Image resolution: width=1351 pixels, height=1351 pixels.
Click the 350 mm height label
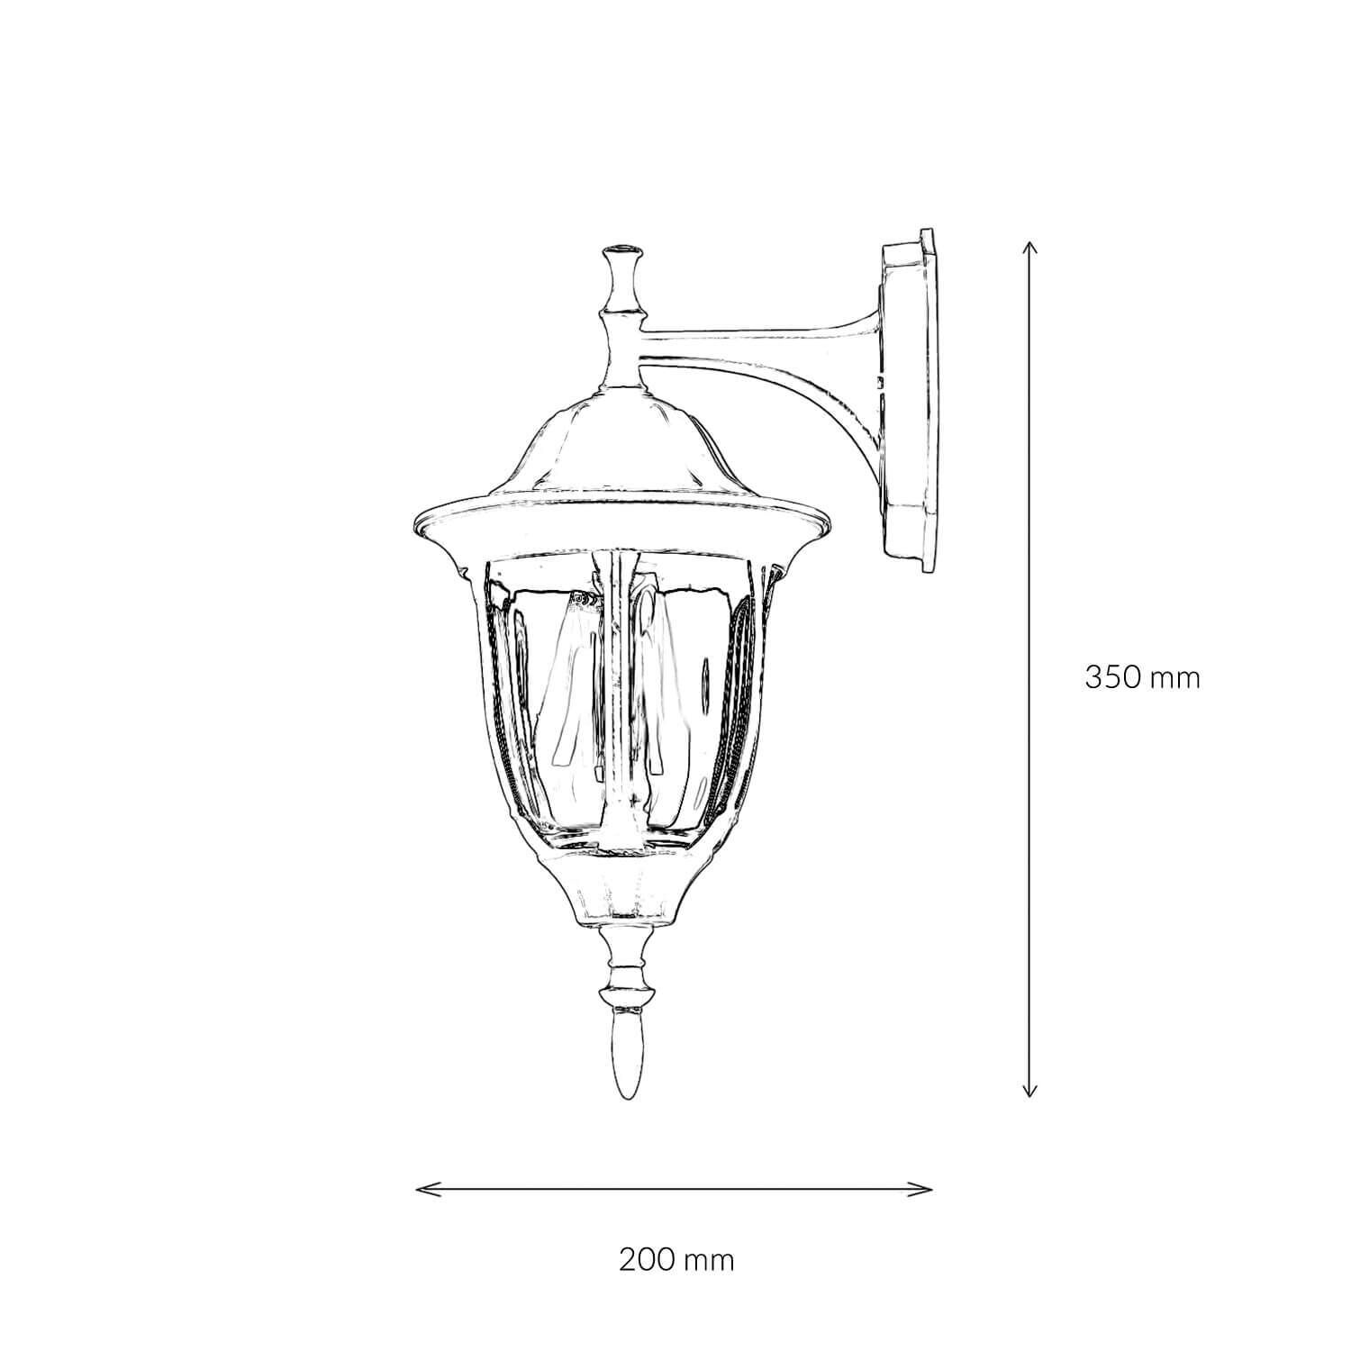[x=1142, y=676]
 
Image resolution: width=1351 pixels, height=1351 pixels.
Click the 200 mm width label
[x=676, y=1259]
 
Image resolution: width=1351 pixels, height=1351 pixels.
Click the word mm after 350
[x=1177, y=676]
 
